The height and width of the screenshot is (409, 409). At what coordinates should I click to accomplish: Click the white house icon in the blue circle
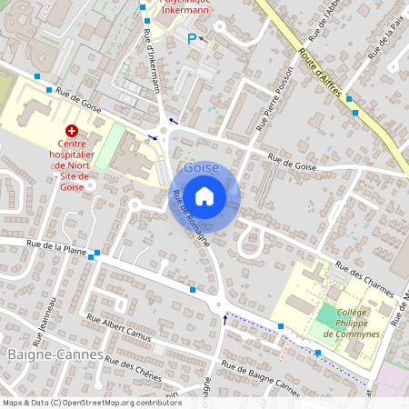point(204,195)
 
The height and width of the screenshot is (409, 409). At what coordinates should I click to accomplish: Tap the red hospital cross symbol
point(71,131)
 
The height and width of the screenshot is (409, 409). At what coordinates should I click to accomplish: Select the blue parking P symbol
point(191,38)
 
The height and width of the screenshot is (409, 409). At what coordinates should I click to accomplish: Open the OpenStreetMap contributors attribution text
point(92,403)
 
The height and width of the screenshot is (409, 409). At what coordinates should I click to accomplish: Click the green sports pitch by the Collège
point(325,317)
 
